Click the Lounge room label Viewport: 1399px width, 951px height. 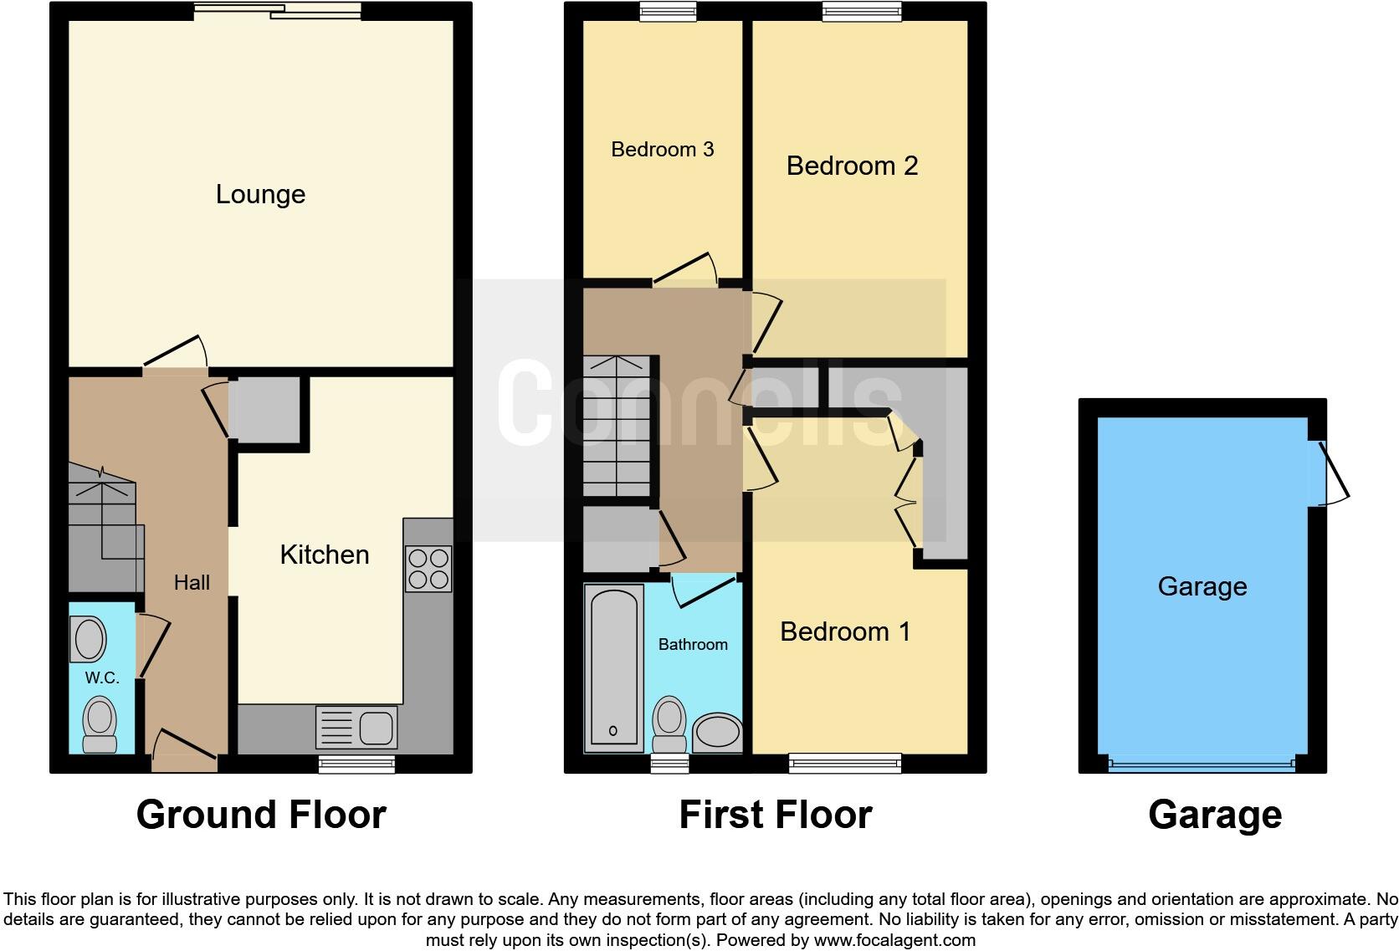tap(260, 194)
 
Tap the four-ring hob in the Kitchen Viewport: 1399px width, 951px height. tap(428, 569)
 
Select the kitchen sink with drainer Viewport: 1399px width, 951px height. tap(356, 727)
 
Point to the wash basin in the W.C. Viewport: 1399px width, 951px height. tap(90, 640)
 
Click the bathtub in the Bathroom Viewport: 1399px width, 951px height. tap(614, 666)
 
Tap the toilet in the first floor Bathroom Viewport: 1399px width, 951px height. tap(669, 724)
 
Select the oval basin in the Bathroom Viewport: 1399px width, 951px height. tap(717, 733)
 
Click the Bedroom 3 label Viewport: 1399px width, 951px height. tap(662, 150)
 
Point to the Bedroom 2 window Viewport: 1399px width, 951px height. tap(862, 11)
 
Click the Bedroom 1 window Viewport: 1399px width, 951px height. tap(845, 762)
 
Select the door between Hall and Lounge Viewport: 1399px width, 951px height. tap(175, 355)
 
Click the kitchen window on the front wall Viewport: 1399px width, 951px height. tap(356, 763)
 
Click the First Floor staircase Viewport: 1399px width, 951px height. tap(617, 427)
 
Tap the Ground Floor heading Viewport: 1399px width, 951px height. tap(261, 815)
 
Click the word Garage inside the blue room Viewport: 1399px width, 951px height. tap(1202, 586)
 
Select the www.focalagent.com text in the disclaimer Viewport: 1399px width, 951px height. tap(894, 940)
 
